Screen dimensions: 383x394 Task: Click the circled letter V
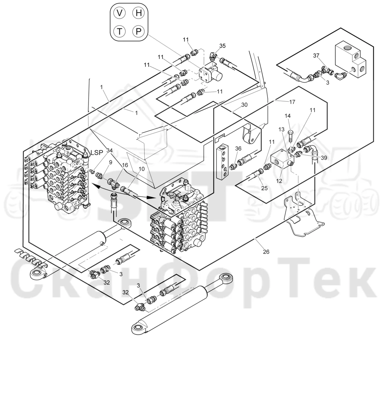(x=120, y=13)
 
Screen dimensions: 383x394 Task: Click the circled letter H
(x=138, y=13)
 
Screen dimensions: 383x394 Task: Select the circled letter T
(x=120, y=31)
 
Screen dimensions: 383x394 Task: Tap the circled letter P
(x=138, y=31)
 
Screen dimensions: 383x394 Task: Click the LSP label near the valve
(x=97, y=153)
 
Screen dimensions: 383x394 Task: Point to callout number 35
(x=222, y=46)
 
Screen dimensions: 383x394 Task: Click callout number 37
(x=316, y=56)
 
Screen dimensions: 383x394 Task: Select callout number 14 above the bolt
(x=288, y=116)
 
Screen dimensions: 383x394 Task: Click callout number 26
(x=266, y=252)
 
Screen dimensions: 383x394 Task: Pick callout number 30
(x=244, y=105)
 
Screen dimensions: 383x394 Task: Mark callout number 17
(x=292, y=102)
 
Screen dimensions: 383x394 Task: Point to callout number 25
(x=264, y=188)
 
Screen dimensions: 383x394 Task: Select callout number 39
(x=324, y=158)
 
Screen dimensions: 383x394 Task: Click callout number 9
(x=110, y=162)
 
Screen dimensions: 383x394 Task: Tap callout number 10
(x=142, y=169)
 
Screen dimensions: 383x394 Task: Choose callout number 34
(x=109, y=150)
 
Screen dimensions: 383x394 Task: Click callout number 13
(x=281, y=129)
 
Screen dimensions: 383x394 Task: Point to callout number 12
(x=279, y=181)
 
